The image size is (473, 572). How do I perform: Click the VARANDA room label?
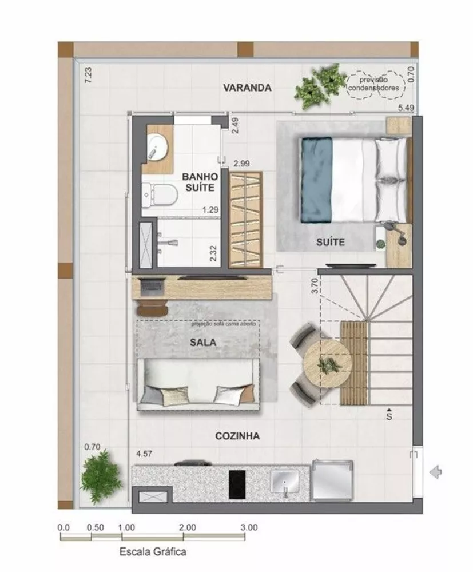click(x=247, y=88)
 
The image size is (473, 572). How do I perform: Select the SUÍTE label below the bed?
click(x=330, y=242)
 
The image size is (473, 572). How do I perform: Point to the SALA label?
click(x=199, y=343)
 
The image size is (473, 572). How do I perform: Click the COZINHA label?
click(x=237, y=436)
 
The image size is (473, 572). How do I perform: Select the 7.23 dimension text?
click(x=88, y=76)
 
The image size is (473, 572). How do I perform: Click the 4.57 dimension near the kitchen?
click(x=145, y=455)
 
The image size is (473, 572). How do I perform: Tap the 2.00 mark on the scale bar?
click(x=186, y=527)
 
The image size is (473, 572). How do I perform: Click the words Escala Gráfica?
click(x=153, y=552)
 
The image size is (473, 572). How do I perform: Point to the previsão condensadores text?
click(x=376, y=84)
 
